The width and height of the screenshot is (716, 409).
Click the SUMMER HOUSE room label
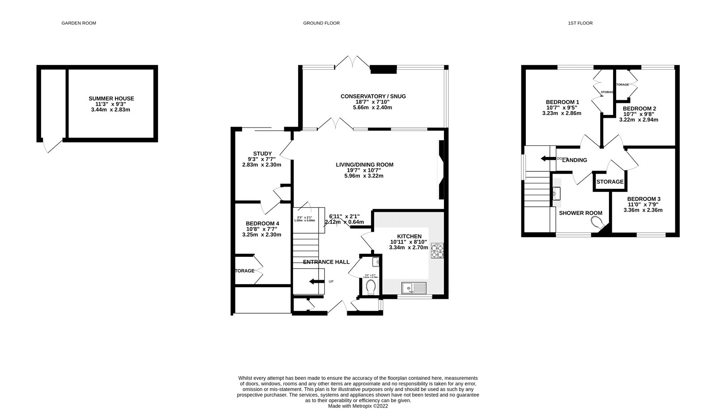[x=111, y=98]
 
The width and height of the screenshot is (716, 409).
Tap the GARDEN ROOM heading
[x=79, y=23]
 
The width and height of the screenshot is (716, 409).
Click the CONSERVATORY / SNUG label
[x=373, y=96]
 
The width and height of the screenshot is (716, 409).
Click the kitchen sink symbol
[x=413, y=287]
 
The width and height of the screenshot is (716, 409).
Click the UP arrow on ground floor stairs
[x=316, y=281]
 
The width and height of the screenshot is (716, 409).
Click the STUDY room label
[x=262, y=153]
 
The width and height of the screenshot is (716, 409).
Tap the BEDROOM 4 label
[x=262, y=223]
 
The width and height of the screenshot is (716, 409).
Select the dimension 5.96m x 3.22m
[x=364, y=176]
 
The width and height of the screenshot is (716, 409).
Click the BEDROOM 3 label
[x=643, y=199]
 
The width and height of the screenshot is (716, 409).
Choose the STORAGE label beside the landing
[x=609, y=182]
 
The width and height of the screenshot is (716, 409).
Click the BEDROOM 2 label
[x=639, y=109]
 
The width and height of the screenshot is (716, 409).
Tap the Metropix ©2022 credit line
[x=358, y=406]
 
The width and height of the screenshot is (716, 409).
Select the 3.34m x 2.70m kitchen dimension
[x=408, y=247]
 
